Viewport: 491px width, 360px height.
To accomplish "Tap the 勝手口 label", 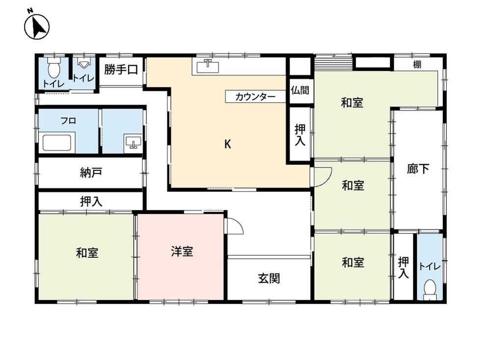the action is click(121, 69).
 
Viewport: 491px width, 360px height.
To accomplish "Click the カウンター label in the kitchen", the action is click(255, 96).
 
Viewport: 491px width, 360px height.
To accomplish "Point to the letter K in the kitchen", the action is click(228, 144).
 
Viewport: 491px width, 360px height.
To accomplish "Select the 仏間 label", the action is click(300, 90).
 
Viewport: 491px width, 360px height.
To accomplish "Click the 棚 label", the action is click(417, 65).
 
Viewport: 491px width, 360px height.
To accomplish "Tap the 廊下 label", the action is click(418, 169).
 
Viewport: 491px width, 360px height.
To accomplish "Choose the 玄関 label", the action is click(269, 278).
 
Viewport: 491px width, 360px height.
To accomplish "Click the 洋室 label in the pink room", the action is click(182, 251).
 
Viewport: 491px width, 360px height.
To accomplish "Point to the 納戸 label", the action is click(91, 173).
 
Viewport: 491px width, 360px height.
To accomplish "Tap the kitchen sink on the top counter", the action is click(208, 66).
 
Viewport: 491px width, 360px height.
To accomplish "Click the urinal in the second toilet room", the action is click(83, 64).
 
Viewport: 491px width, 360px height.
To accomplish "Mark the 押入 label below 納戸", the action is click(91, 201).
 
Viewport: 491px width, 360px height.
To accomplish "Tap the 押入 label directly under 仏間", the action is click(300, 135).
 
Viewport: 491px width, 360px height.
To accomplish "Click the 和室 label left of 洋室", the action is click(87, 252).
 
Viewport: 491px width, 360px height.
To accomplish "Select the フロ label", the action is click(68, 121).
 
